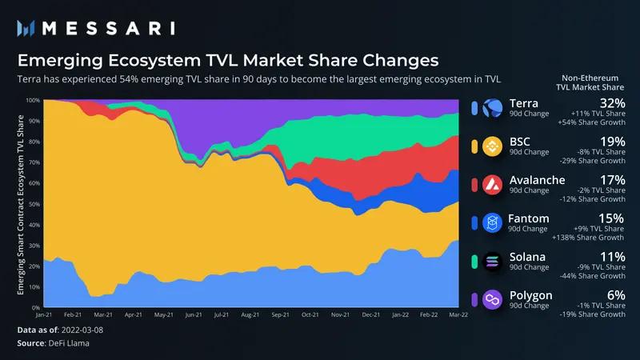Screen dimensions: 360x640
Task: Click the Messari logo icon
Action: click(x=25, y=28)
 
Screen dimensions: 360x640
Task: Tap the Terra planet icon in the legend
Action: click(x=493, y=108)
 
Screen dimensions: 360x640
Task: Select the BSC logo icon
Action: click(x=493, y=146)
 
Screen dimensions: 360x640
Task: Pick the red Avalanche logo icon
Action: click(x=493, y=184)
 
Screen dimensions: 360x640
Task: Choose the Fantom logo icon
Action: click(x=493, y=222)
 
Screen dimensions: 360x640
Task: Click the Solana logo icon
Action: click(x=493, y=260)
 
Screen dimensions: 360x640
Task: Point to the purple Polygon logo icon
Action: click(x=493, y=298)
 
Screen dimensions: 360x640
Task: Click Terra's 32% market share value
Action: click(x=611, y=103)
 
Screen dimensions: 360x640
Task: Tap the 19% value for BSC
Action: click(x=612, y=142)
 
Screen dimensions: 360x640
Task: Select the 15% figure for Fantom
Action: click(x=612, y=218)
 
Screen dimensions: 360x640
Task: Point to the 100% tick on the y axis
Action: click(x=33, y=101)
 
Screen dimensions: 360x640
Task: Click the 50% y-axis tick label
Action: click(x=34, y=204)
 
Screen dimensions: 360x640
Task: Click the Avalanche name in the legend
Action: click(x=537, y=179)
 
